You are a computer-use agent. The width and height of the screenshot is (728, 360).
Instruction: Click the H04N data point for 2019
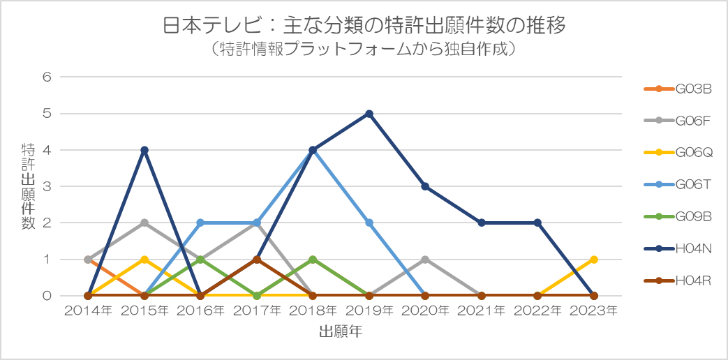tap(369, 114)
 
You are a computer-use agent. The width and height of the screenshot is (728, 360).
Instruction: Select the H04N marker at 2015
tap(144, 150)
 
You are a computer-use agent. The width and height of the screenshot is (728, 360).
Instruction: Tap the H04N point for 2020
tap(425, 186)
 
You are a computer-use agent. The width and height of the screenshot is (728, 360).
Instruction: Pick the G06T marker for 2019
tap(369, 223)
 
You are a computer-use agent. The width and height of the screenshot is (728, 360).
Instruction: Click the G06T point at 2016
tap(200, 223)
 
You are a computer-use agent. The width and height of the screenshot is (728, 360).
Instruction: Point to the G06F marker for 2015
tap(144, 223)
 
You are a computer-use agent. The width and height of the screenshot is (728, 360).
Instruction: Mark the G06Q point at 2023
tap(594, 260)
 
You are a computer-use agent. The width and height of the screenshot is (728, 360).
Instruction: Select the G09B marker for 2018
tap(313, 260)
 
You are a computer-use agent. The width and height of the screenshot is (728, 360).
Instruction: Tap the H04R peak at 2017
tap(257, 260)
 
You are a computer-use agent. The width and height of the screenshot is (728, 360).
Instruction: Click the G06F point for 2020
tap(425, 260)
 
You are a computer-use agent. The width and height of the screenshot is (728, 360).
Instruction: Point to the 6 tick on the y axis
tap(48, 77)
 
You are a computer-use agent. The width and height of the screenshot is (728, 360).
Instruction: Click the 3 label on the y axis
tap(48, 186)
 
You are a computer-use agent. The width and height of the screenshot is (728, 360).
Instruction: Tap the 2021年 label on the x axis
tap(482, 311)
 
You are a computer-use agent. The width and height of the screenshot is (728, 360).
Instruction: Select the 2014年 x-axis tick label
tap(88, 311)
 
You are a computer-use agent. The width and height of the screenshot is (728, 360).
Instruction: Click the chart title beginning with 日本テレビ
tap(363, 26)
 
